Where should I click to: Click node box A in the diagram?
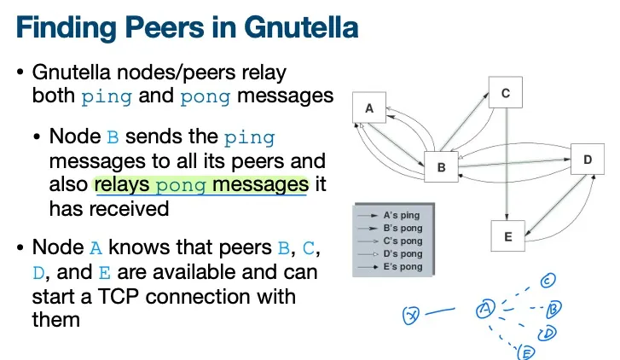coord(369,109)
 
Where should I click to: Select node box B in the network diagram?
coord(442,167)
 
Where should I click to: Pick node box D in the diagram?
coord(588,160)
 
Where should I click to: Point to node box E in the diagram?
coord(508,237)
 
